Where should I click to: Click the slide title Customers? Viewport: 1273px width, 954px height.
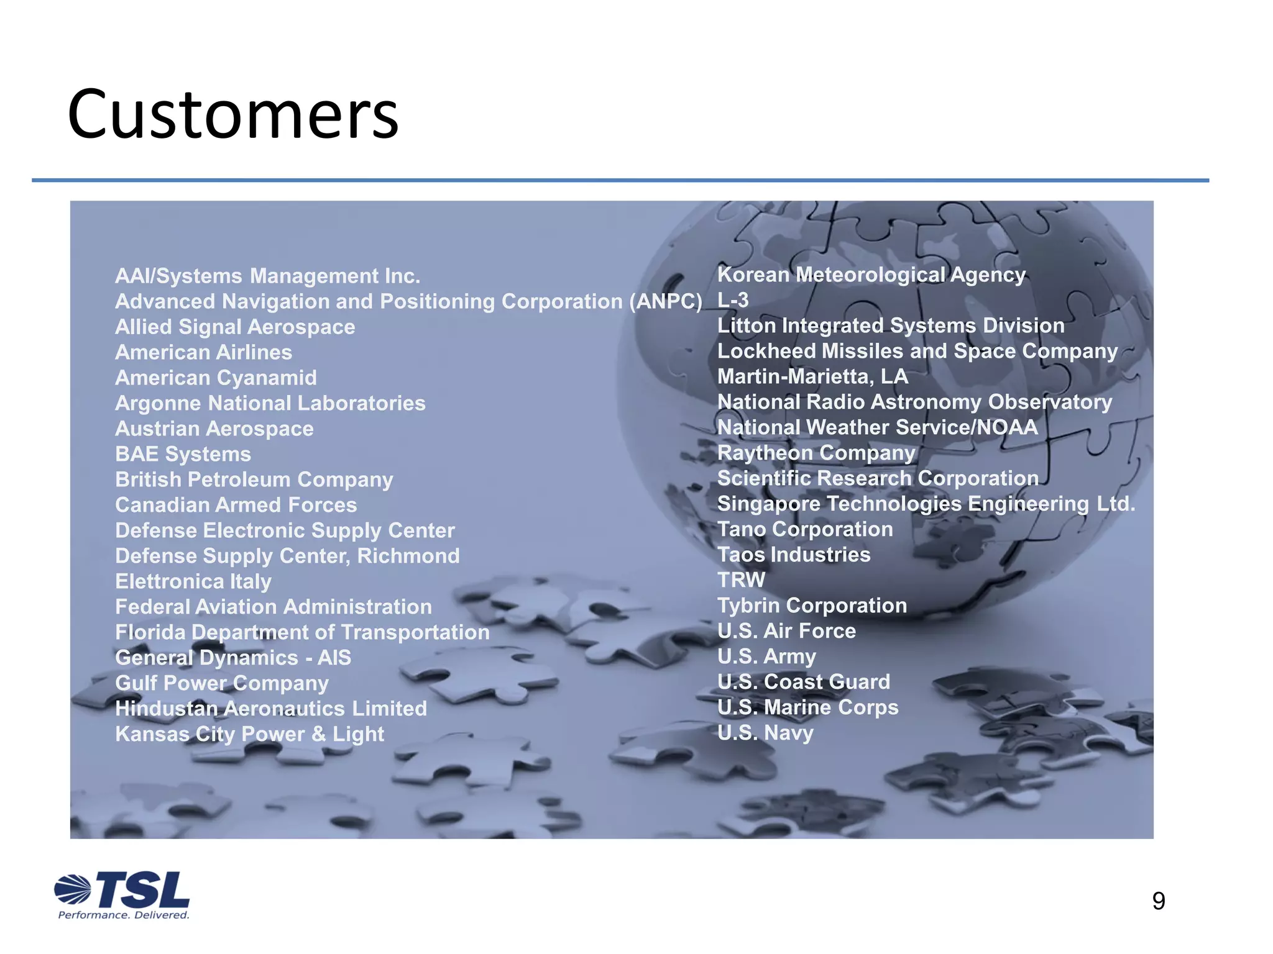(233, 115)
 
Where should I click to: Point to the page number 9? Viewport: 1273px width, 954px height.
(1158, 901)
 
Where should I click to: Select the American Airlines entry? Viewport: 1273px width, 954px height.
(203, 352)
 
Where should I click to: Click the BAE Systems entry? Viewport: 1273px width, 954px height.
(183, 454)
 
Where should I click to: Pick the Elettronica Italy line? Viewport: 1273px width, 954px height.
(193, 581)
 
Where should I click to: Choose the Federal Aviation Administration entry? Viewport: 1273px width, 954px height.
(273, 607)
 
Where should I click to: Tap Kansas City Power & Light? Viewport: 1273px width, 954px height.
(249, 734)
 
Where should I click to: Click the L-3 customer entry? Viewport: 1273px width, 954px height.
(733, 300)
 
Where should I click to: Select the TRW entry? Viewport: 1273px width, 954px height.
(741, 580)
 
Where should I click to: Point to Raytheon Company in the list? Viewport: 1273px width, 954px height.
(816, 453)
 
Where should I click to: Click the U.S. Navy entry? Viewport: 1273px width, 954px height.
(765, 733)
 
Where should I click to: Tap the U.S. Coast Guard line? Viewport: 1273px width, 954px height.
(803, 682)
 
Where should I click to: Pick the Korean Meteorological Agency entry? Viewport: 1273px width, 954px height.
(871, 275)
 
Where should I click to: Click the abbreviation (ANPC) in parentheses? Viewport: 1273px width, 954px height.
(666, 301)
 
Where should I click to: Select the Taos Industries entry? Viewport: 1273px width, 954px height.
(794, 555)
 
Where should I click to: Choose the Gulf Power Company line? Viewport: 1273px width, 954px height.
(221, 683)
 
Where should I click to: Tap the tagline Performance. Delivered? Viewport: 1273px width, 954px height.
(123, 915)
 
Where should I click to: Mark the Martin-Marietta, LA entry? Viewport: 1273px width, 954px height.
(812, 376)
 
